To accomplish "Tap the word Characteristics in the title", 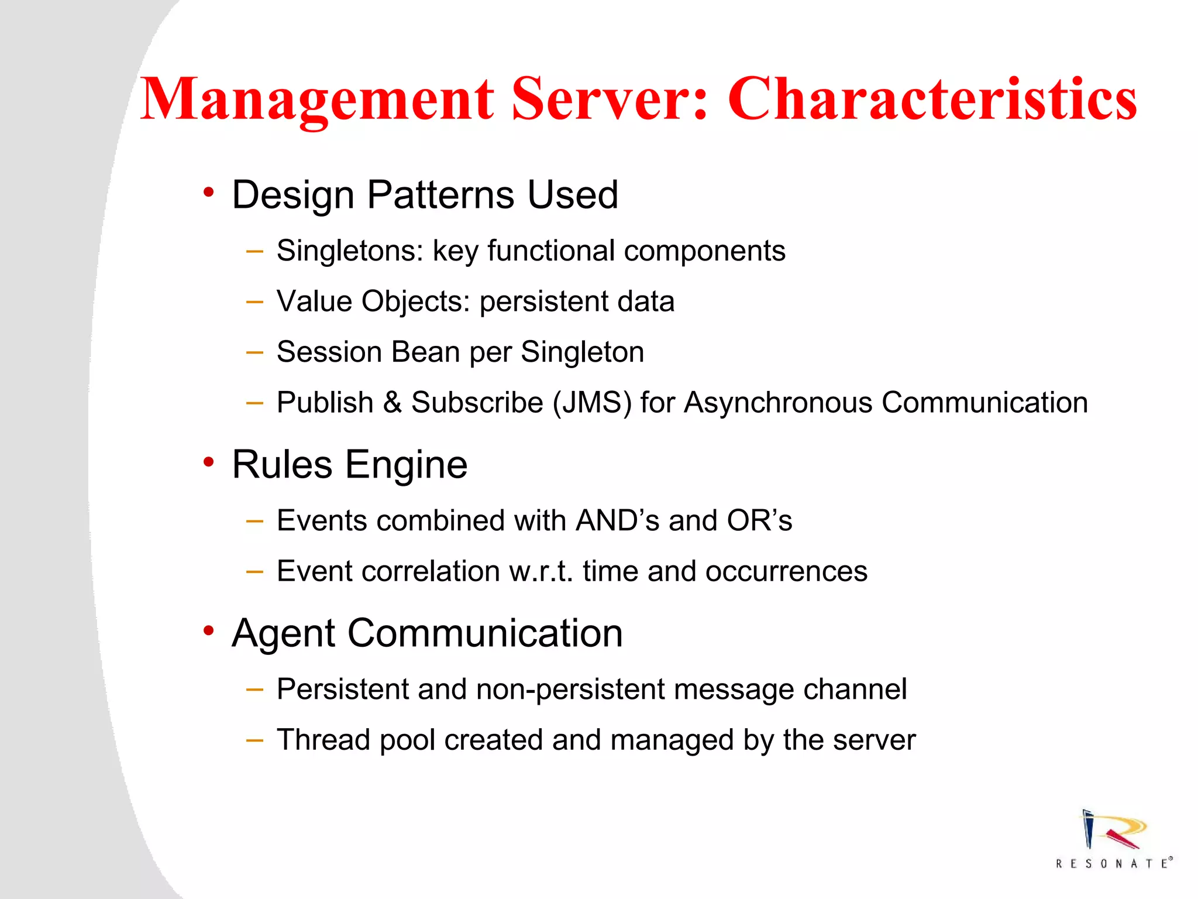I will [932, 99].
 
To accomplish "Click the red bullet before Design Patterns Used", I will [208, 192].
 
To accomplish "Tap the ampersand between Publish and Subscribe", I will [392, 403].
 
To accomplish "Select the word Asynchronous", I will [778, 403].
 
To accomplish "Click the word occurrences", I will [786, 571].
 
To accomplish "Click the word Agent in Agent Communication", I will [284, 634].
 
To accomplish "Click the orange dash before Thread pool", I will [254, 740].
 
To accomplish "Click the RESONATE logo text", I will [1113, 863].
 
